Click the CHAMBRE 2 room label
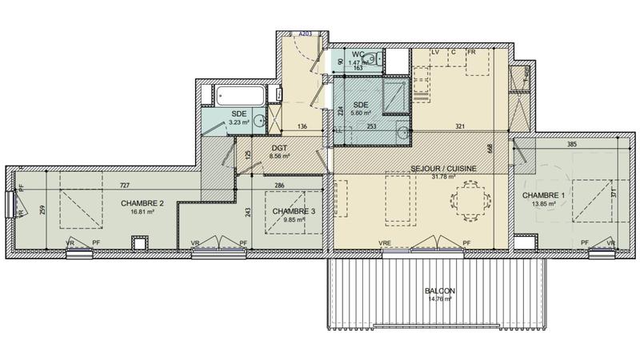coord(142,204)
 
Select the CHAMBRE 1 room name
coord(544,196)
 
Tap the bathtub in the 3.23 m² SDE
coord(238,96)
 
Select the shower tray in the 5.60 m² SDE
coord(394,94)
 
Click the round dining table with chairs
coord(466,199)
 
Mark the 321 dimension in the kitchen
coord(459,126)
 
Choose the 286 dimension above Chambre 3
coord(278,186)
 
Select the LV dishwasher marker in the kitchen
coord(436,53)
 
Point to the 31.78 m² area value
coord(443,177)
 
